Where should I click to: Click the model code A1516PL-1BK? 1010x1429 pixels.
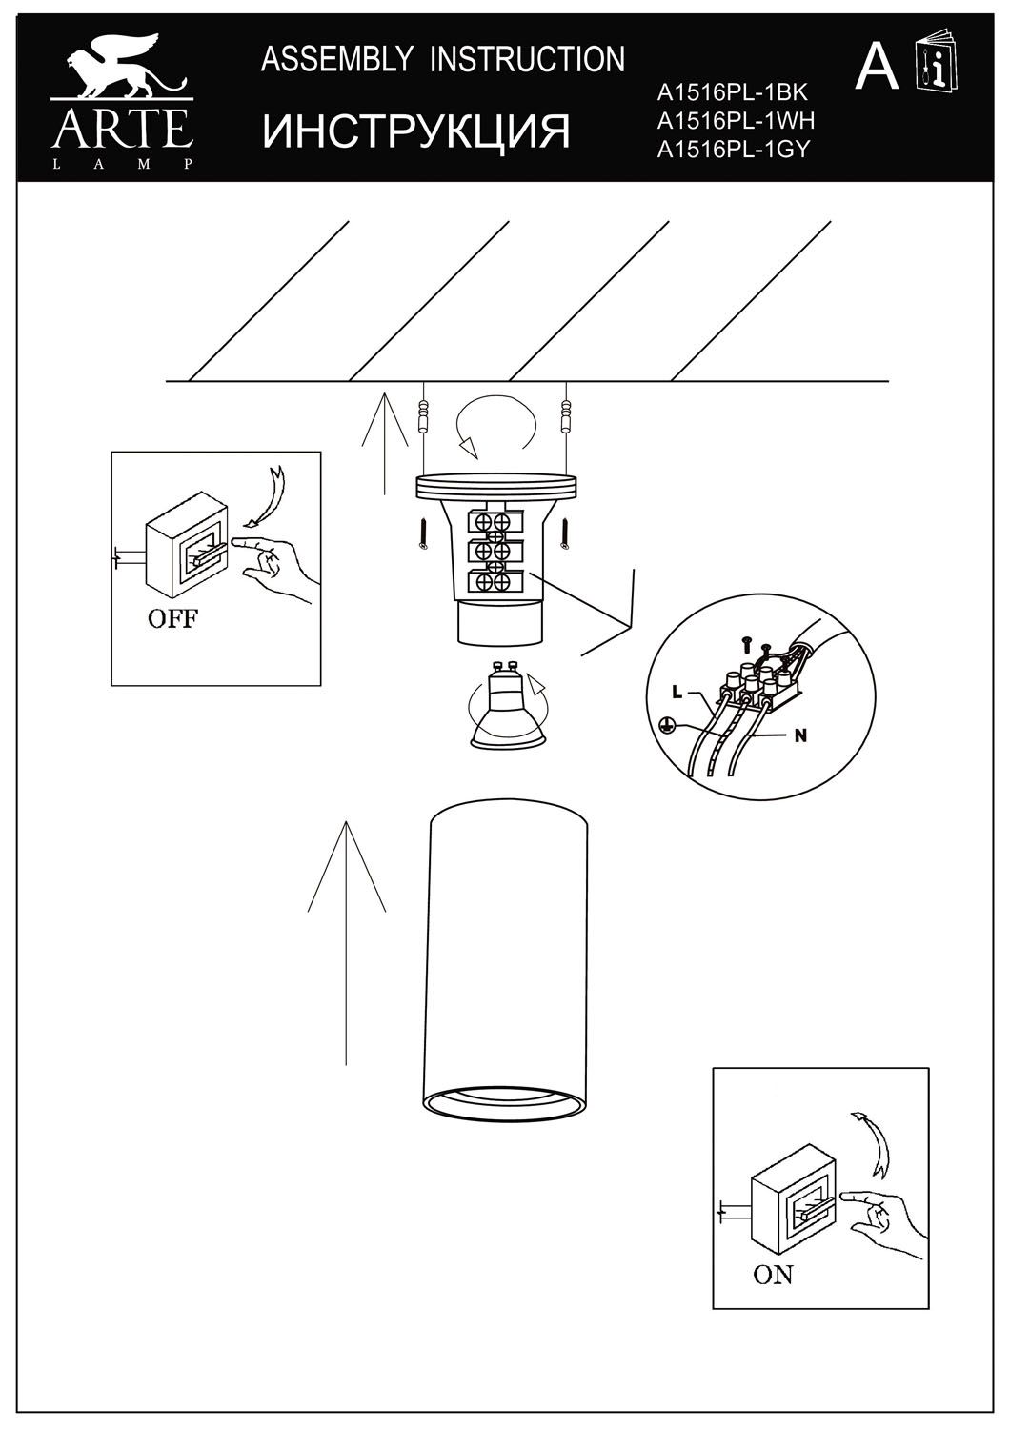(x=732, y=92)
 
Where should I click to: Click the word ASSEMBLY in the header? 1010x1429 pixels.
(x=337, y=60)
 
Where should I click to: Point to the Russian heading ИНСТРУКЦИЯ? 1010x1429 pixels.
(x=416, y=131)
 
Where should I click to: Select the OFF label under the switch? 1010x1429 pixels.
(x=172, y=618)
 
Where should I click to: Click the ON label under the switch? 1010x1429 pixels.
(x=773, y=1274)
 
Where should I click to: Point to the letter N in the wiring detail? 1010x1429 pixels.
(x=800, y=735)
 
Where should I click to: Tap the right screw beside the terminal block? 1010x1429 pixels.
(x=566, y=533)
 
